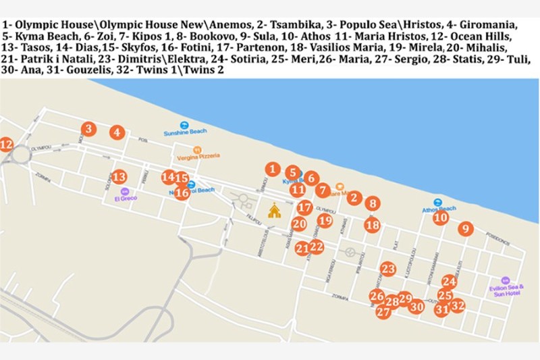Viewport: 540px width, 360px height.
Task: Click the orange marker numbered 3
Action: coord(88,128)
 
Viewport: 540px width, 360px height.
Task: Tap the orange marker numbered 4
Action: coord(117,132)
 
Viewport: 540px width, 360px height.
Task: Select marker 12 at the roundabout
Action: coord(6,144)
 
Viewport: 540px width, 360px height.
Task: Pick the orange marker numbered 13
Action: coord(119,177)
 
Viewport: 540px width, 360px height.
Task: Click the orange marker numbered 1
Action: coord(271,169)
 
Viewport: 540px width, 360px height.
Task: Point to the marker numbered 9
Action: coord(464,229)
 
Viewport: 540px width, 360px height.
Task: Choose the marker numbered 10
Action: coord(440,217)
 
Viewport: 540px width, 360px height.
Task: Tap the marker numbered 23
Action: coord(387,269)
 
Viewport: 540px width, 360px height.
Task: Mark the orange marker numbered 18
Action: coord(372,226)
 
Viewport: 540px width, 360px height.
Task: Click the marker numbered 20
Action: coord(298,224)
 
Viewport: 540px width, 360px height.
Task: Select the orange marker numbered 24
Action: coord(449,281)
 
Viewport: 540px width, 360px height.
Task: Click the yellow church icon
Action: coord(273,211)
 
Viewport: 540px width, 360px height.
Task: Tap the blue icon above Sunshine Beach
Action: coord(184,124)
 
